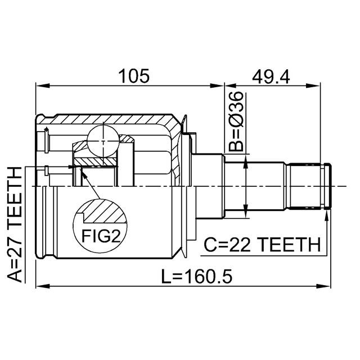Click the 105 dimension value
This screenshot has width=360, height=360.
tap(134, 76)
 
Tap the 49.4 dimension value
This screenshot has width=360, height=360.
tap(271, 76)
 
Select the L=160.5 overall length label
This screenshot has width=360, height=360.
tap(197, 276)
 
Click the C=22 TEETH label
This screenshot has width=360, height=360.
tap(262, 245)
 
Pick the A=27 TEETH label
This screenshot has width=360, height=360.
tap(14, 225)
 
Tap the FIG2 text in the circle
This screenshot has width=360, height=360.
tap(101, 236)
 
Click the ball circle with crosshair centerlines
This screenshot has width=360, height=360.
tap(103, 141)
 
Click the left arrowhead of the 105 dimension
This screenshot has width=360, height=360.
tap(43, 86)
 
